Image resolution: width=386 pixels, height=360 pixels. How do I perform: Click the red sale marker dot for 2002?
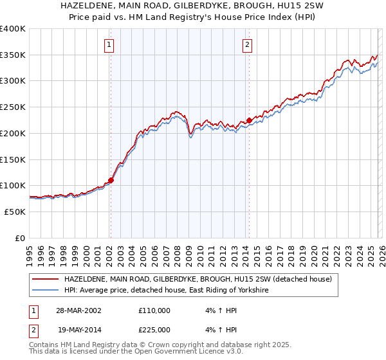tap(111, 180)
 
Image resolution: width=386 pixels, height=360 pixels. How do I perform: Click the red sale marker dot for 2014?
tap(249, 120)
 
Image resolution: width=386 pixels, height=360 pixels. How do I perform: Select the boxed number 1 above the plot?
tap(110, 45)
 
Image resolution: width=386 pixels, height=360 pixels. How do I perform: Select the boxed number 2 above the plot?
tap(248, 45)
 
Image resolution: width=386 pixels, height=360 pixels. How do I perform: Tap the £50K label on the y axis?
tap(15, 212)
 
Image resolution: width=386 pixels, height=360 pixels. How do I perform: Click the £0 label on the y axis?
tap(20, 238)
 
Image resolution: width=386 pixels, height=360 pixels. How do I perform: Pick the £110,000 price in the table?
tap(154, 310)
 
